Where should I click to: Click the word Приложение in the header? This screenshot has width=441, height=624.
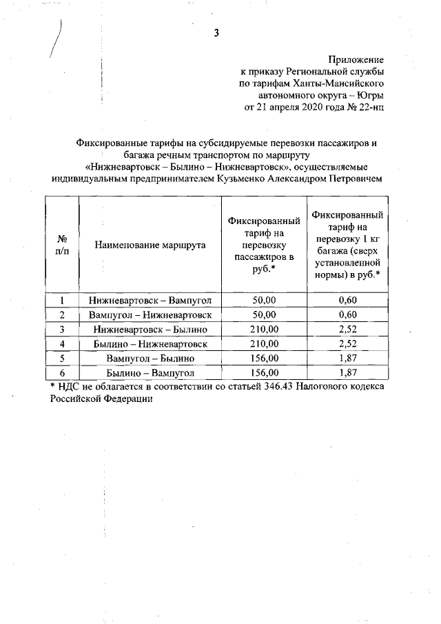click(355, 60)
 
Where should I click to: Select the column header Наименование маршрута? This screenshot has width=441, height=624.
click(150, 245)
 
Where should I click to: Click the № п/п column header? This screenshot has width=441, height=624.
click(62, 245)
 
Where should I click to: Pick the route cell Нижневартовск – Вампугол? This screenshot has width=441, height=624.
click(150, 301)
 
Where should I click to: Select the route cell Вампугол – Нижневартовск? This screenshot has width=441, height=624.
click(150, 315)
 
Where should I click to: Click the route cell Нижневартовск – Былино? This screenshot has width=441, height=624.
click(150, 330)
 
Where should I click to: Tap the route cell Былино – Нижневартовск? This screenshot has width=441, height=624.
click(150, 344)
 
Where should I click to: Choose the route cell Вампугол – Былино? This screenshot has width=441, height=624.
click(150, 359)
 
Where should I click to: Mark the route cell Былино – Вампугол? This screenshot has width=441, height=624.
click(150, 373)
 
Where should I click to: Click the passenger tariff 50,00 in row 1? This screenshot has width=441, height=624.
click(264, 301)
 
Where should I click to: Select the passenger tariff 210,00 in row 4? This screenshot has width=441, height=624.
click(264, 344)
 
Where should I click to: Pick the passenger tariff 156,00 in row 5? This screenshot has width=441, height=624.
click(264, 359)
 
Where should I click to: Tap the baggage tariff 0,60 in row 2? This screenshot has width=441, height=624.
click(347, 315)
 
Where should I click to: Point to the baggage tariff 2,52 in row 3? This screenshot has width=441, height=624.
click(347, 330)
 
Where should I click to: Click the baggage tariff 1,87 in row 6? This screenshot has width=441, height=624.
click(347, 373)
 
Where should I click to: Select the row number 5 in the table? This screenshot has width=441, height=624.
click(62, 359)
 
